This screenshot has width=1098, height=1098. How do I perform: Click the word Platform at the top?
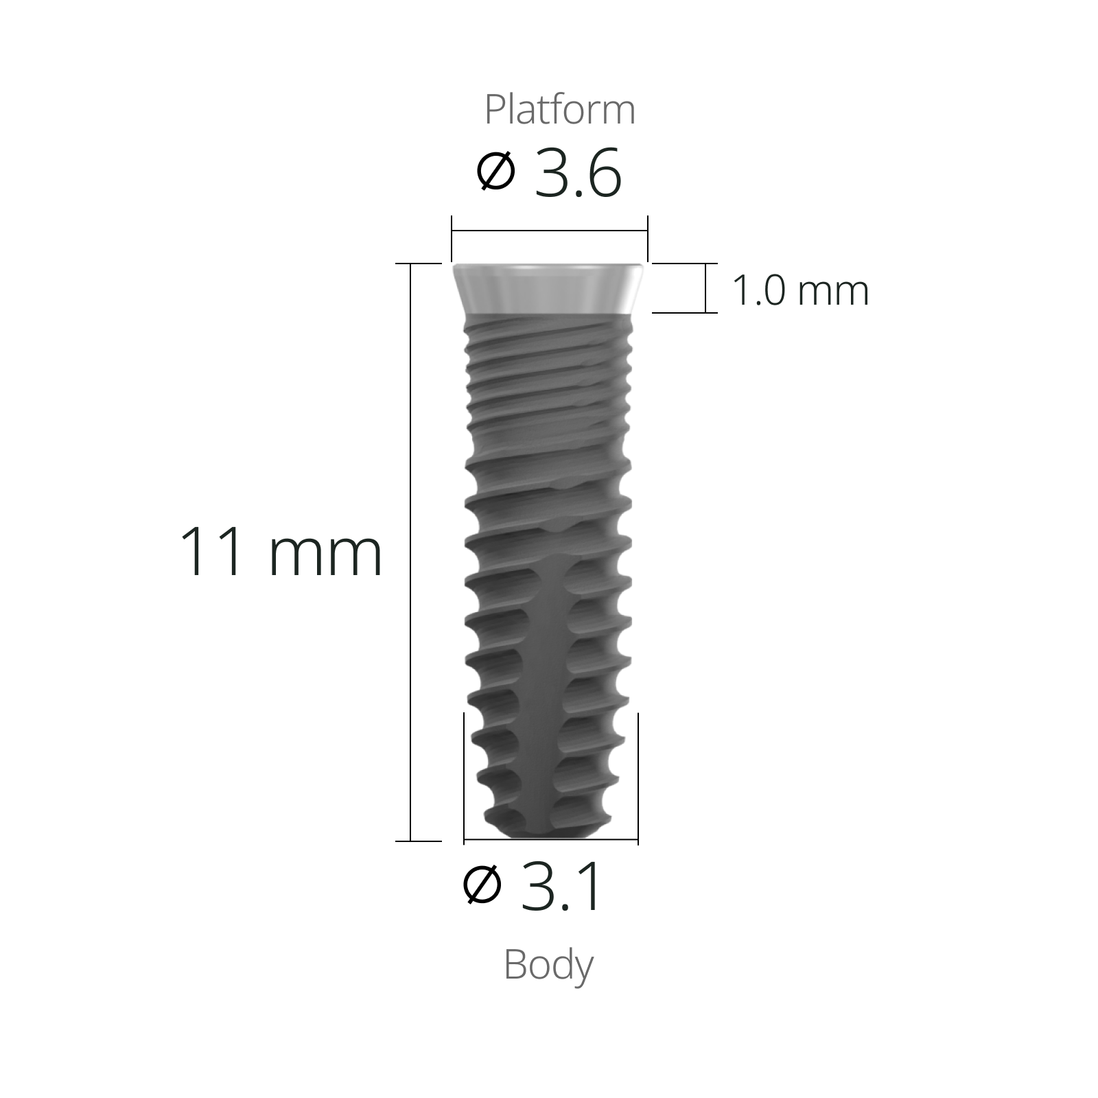(x=559, y=110)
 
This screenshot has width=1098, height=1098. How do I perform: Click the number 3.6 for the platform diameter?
(x=578, y=174)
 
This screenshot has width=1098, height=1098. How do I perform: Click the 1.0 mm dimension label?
(x=800, y=290)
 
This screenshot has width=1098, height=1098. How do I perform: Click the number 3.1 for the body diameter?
(x=562, y=888)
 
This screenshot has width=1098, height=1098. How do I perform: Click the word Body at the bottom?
(x=548, y=966)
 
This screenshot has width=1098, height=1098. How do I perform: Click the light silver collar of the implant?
(x=548, y=288)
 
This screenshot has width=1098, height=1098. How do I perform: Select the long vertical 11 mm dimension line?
(x=410, y=549)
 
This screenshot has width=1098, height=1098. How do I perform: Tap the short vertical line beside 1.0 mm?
(x=705, y=288)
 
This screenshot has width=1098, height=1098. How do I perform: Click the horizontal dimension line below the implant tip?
(x=549, y=839)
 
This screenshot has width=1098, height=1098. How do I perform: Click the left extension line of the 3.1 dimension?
(x=465, y=775)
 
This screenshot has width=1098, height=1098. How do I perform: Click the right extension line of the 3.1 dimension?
(x=638, y=775)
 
